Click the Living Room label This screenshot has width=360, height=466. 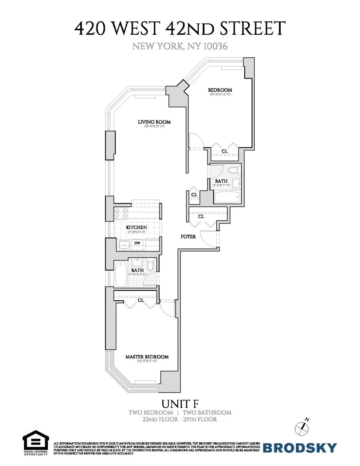(x=154, y=122)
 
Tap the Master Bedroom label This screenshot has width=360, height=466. (x=147, y=357)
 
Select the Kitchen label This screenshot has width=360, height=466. (x=137, y=228)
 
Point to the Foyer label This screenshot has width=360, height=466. (x=188, y=237)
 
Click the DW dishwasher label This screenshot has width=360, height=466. (x=137, y=243)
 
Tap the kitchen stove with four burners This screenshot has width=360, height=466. (x=121, y=213)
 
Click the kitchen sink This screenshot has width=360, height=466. (x=124, y=246)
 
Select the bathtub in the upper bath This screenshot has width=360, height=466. (x=227, y=198)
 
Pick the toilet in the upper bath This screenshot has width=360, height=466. (x=233, y=170)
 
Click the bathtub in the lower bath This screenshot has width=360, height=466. (x=120, y=274)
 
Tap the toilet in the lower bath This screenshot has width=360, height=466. (x=151, y=265)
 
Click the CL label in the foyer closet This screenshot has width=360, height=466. (x=201, y=217)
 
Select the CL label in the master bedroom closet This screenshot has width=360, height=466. (x=141, y=300)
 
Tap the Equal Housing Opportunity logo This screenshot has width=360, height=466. (x=36, y=443)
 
